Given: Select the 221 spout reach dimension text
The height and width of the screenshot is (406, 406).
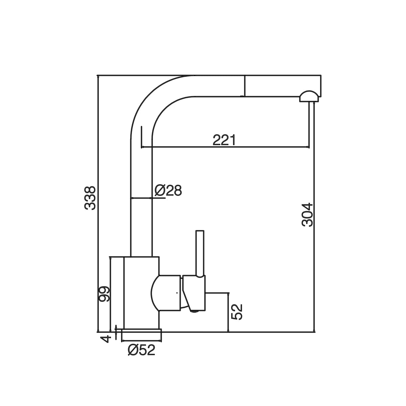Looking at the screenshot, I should click(224, 140).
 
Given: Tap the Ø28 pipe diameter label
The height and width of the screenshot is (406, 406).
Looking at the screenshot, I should click(168, 191).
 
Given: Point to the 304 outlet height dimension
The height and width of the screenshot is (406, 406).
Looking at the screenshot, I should click(308, 215).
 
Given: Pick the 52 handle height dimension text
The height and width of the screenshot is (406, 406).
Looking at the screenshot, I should click(237, 312).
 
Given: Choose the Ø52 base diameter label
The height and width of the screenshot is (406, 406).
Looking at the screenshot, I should click(141, 350).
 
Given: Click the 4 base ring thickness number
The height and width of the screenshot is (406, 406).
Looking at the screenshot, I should click(106, 338).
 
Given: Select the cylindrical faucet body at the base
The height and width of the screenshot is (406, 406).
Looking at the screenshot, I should click(140, 293).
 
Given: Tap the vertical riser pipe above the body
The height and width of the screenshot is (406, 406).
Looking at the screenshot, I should click(141, 203).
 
